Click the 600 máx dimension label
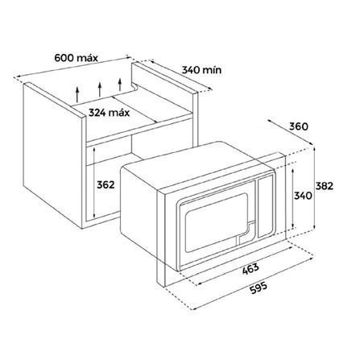(76, 58)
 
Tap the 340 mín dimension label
(201, 70)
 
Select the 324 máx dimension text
(109, 113)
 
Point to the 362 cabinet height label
(106, 184)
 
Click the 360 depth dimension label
(299, 126)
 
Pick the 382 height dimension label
(324, 186)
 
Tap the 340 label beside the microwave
(303, 196)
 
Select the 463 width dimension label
(250, 269)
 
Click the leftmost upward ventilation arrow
(77, 94)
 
